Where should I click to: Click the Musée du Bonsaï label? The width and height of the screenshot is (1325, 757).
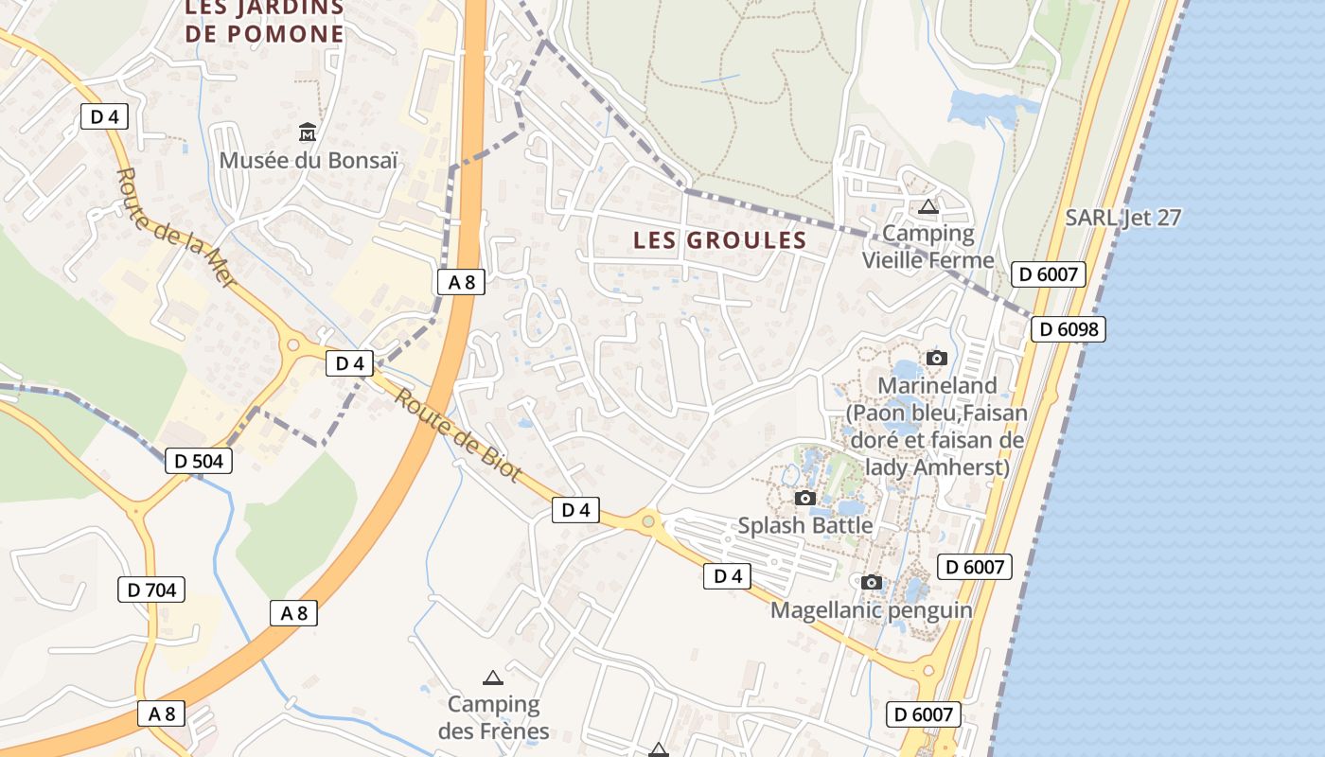tap(308, 160)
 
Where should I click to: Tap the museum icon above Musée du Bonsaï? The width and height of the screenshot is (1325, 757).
tap(308, 132)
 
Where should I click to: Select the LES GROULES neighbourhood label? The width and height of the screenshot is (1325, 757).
tap(719, 240)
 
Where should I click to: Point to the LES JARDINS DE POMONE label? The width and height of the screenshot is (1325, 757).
tap(264, 21)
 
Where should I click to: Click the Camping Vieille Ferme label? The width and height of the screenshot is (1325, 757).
tap(927, 246)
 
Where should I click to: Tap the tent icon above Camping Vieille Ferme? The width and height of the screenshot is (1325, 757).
tap(927, 206)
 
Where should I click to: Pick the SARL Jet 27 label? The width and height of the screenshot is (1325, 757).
tap(1123, 218)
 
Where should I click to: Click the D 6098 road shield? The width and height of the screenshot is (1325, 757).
tap(1068, 329)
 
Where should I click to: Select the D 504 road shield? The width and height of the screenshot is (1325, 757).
tap(199, 461)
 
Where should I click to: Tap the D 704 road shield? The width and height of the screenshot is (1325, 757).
tap(151, 590)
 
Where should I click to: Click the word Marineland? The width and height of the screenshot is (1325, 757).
tap(937, 385)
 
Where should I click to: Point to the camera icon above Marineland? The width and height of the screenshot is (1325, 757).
tap(937, 358)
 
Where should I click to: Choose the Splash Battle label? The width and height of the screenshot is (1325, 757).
tap(805, 525)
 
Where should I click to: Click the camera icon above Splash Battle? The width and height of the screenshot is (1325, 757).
tap(805, 498)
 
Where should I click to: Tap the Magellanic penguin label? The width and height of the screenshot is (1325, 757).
tap(871, 610)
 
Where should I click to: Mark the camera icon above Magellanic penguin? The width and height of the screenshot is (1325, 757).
tap(872, 582)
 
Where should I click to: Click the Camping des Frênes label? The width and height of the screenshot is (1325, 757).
tap(493, 717)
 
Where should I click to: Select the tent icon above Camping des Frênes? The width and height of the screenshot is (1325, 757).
tap(492, 678)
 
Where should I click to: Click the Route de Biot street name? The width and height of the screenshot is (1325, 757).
tap(457, 435)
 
